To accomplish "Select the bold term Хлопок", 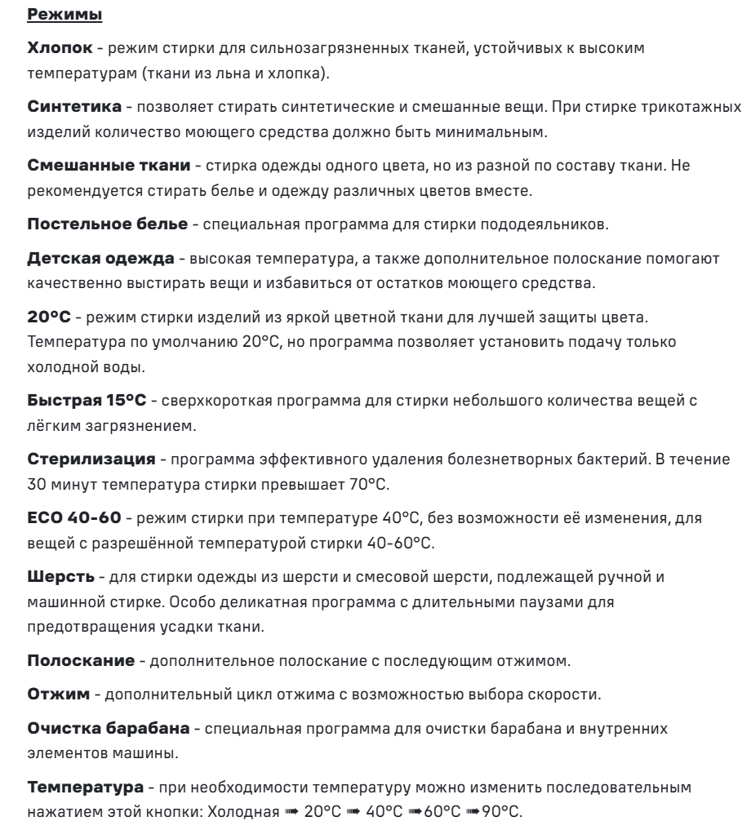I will [55, 49].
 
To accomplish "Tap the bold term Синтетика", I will [64, 108].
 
